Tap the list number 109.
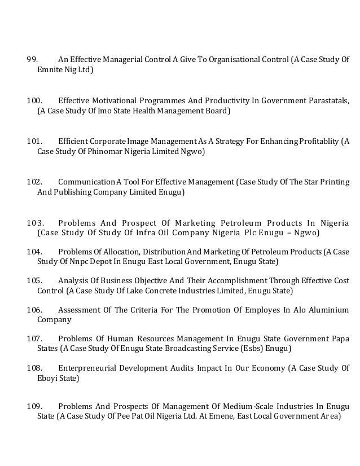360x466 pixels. click(34, 406)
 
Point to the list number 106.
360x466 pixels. click(34, 309)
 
